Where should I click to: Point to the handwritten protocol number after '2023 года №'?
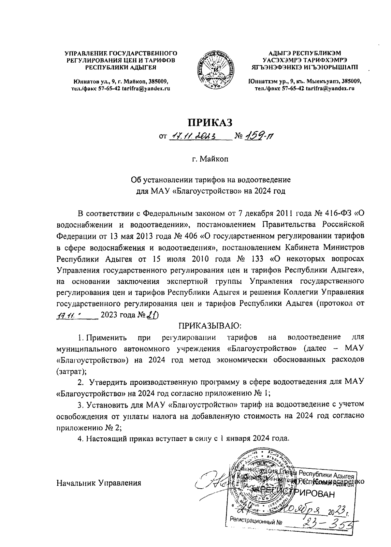pyautogui.click(x=152, y=315)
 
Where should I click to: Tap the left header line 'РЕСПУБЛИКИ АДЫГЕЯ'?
pyautogui.click(x=121, y=67)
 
